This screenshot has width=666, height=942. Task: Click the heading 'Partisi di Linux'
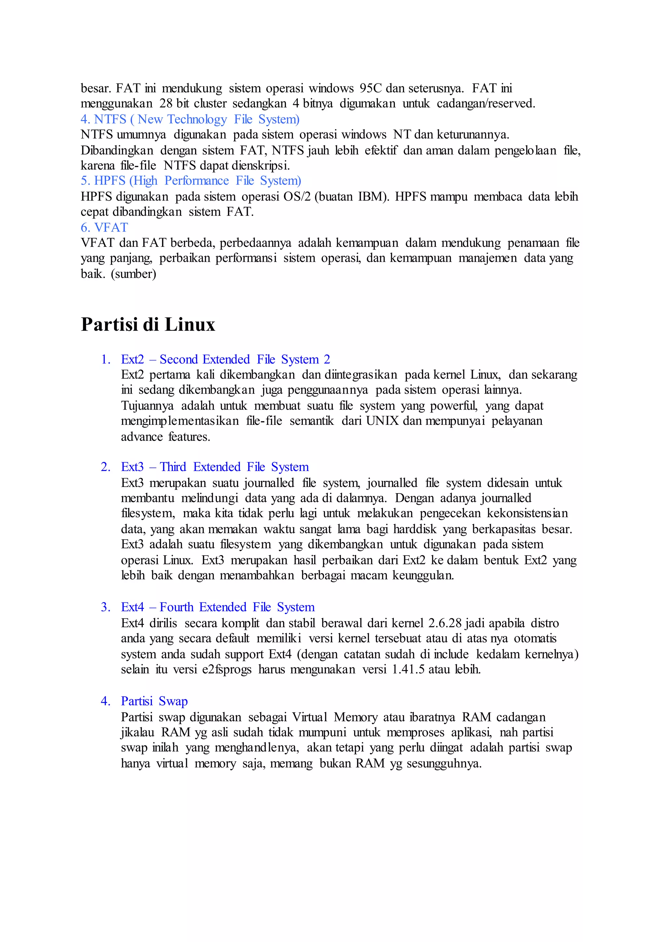coord(148,325)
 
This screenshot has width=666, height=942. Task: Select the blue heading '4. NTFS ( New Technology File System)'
coord(190,119)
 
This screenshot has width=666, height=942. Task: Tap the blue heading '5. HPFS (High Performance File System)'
coord(191,181)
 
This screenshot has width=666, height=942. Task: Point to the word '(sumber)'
coord(133,274)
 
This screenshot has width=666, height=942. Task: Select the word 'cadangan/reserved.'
coord(486,104)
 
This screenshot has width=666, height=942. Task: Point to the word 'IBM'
coord(371,196)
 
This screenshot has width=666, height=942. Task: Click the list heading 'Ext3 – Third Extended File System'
coord(215,467)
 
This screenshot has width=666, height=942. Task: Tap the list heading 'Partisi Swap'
coord(154,701)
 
